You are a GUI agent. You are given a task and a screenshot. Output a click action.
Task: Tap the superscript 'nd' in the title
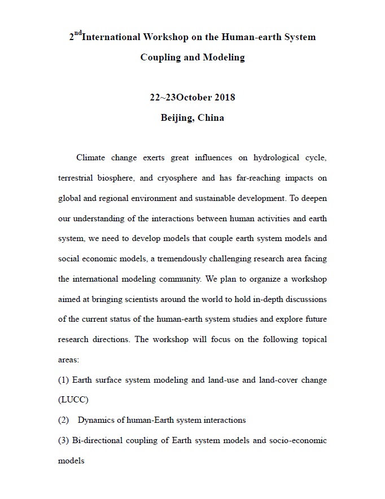77,34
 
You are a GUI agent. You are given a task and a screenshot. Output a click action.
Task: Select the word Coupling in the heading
160,58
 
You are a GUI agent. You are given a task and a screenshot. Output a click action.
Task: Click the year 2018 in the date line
225,98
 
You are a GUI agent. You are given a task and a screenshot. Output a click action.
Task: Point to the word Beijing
177,118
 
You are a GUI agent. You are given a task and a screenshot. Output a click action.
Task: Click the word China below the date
211,118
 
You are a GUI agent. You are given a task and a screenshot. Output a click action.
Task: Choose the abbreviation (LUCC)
73,400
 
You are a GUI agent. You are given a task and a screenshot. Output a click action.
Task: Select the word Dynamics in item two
97,420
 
